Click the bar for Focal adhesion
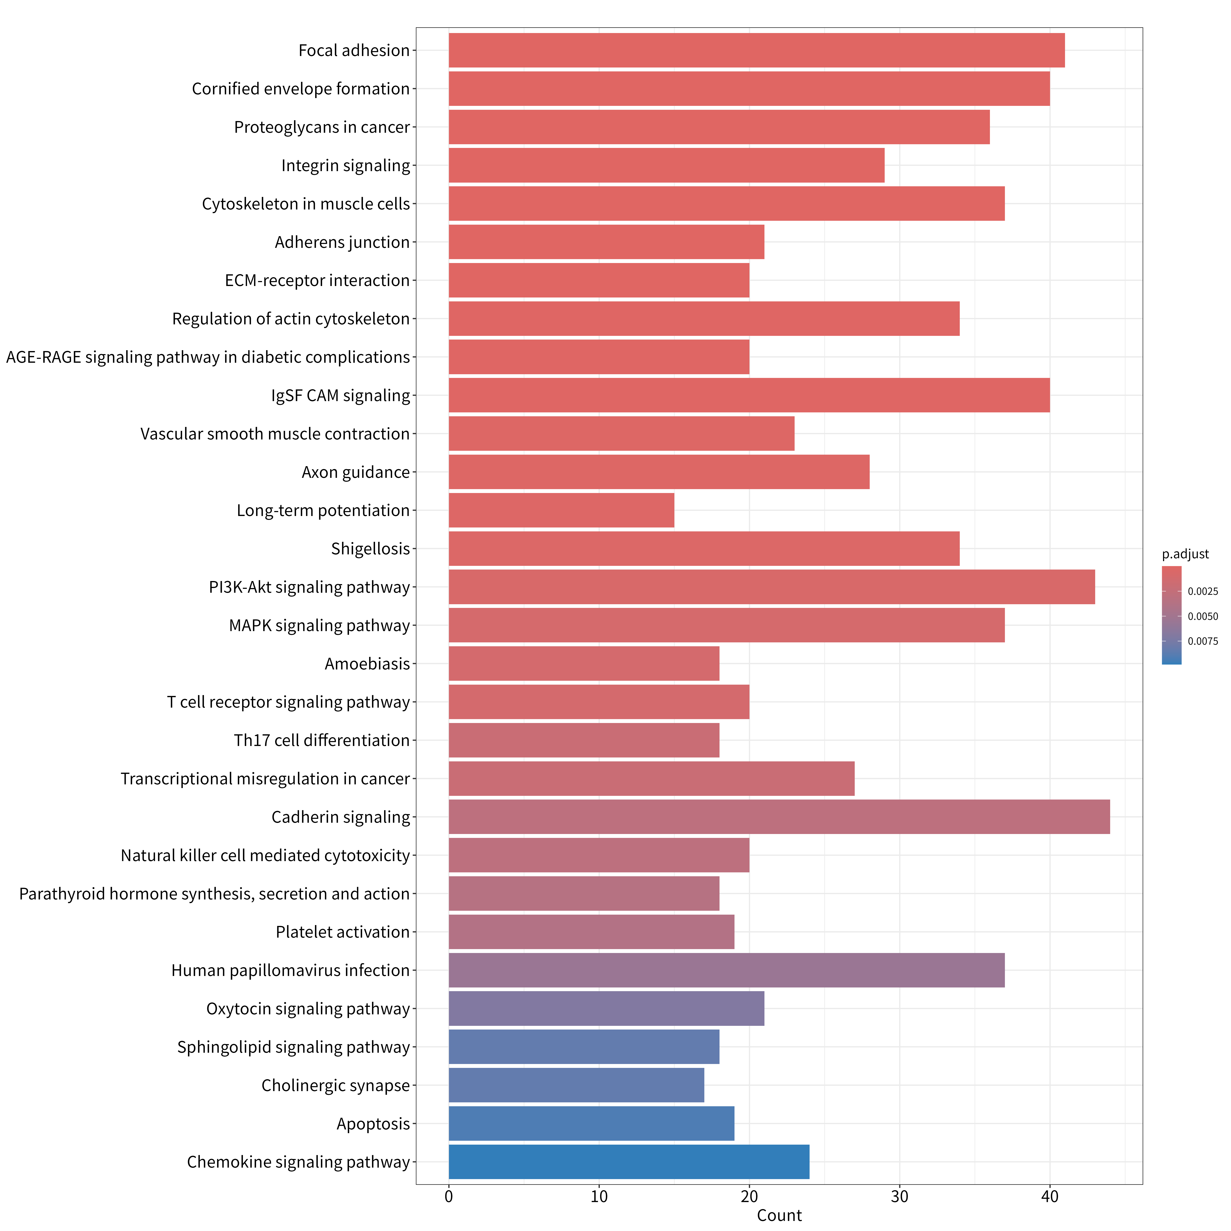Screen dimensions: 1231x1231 click(756, 50)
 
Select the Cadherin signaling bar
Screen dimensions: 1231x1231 click(779, 817)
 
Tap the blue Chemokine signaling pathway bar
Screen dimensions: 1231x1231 click(629, 1161)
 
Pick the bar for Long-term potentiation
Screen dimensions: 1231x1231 click(561, 510)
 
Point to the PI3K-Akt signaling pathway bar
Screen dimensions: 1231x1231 click(772, 587)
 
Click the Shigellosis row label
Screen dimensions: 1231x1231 click(370, 549)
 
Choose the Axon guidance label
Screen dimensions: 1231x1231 click(356, 472)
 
